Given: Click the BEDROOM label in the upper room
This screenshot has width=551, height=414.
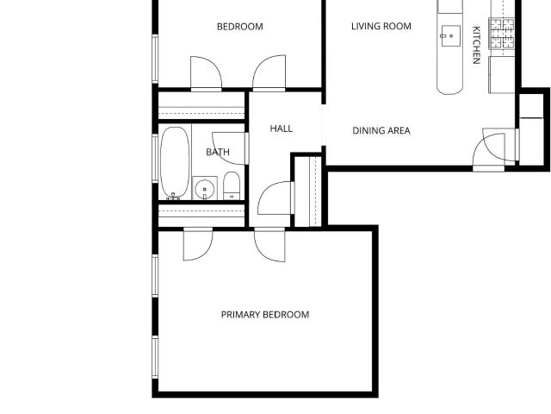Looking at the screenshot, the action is click(240, 27).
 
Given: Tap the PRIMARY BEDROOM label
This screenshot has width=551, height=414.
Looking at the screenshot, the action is click(265, 314).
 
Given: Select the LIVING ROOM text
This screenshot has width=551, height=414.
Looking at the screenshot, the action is click(381, 26).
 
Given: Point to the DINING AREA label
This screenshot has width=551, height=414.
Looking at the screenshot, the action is click(381, 130).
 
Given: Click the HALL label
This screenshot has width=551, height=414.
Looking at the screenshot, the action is click(282, 129).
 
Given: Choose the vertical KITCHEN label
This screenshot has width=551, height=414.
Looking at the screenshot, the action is click(476, 45).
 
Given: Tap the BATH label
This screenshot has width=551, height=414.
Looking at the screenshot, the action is click(218, 152).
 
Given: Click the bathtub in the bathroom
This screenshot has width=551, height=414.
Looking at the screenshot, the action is click(175, 163).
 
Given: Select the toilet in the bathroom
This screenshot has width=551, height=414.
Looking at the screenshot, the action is click(232, 185).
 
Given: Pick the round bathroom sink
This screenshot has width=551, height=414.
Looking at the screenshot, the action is click(205, 189).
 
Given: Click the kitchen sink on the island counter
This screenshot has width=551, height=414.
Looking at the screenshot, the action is click(449, 35).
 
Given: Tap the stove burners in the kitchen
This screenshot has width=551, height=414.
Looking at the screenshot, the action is click(502, 34).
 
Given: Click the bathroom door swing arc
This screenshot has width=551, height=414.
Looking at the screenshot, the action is click(228, 148).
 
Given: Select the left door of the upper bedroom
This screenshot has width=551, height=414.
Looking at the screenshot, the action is click(206, 73).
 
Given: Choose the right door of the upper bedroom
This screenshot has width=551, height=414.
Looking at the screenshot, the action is click(269, 73).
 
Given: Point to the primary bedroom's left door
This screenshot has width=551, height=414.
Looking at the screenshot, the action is click(198, 244).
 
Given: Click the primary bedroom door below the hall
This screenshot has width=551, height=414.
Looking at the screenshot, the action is click(269, 245).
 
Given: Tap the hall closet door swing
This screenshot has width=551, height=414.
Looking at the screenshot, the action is click(275, 198).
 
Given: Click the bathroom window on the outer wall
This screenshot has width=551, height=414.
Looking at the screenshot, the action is click(155, 159).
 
